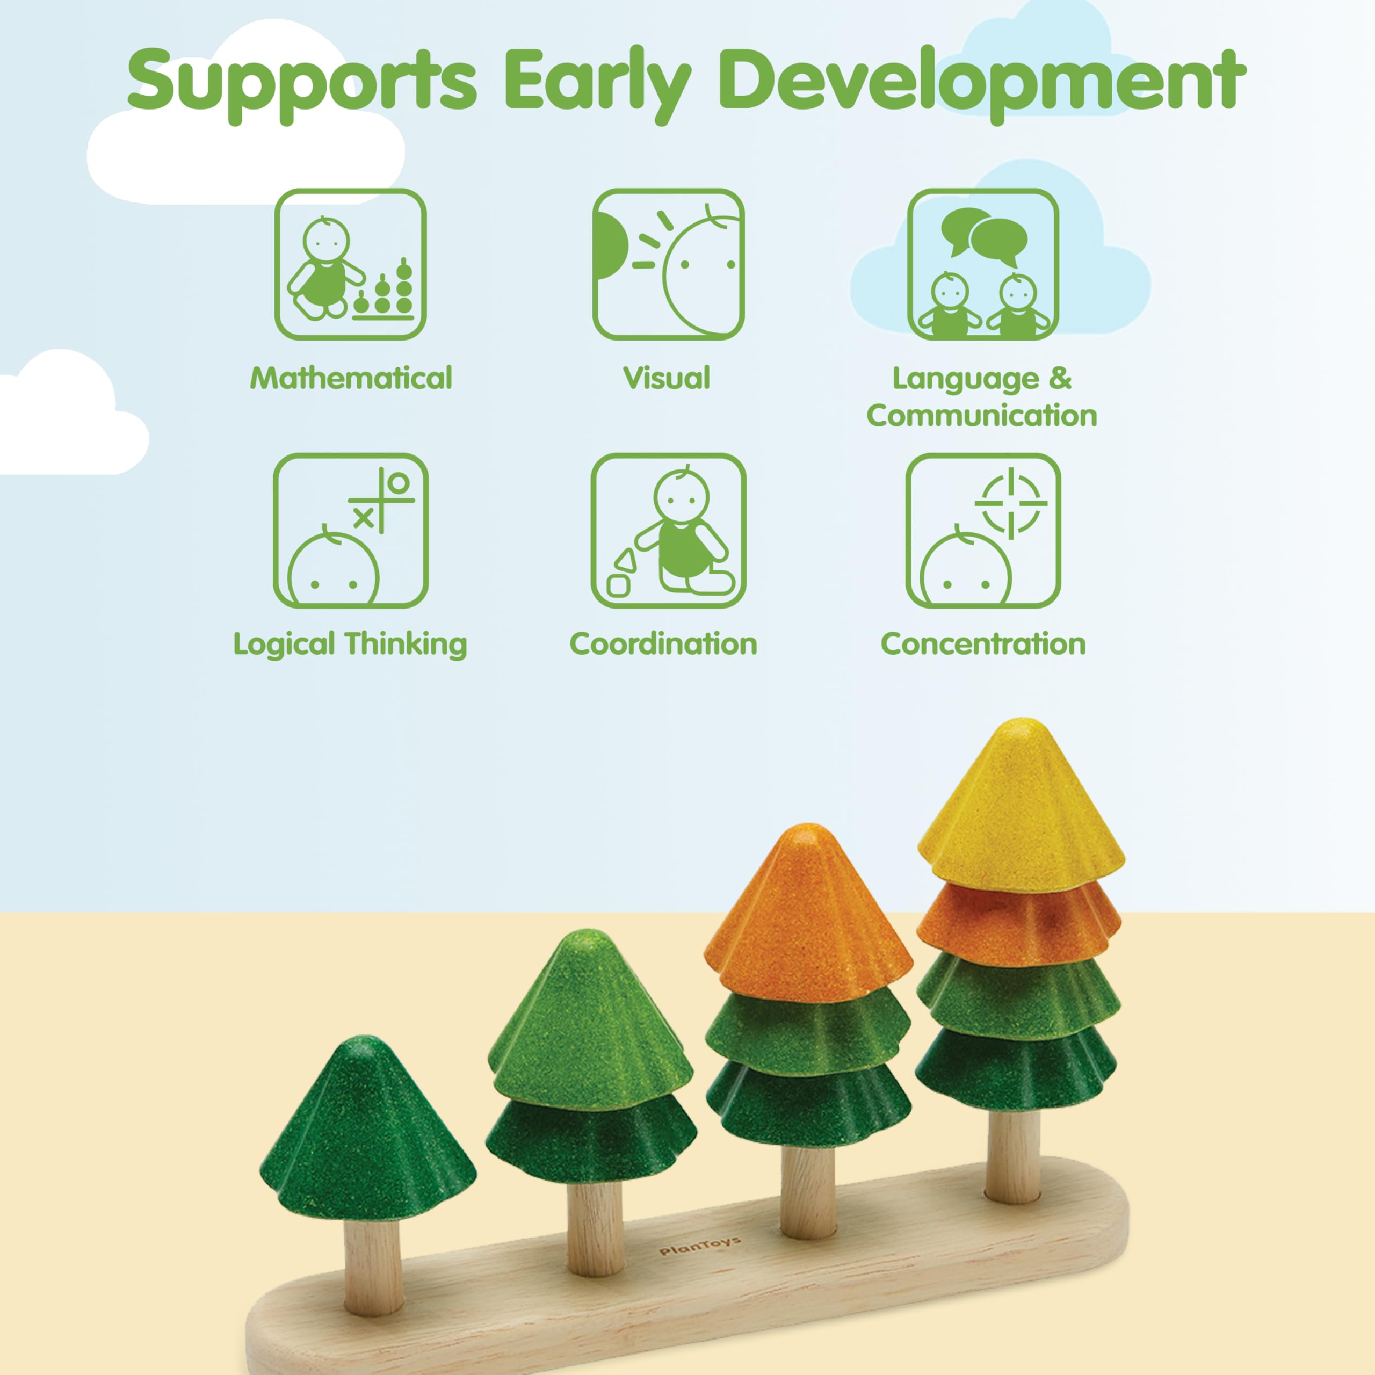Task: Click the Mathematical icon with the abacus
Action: click(351, 265)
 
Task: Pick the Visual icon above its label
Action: click(668, 265)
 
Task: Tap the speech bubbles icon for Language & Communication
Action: click(983, 265)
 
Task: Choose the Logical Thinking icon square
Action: click(351, 531)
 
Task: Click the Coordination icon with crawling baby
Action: click(668, 531)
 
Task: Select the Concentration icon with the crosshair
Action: click(983, 531)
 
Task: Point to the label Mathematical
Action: click(351, 378)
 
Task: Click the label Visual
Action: click(667, 378)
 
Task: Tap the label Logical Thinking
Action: click(350, 645)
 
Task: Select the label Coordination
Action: click(663, 644)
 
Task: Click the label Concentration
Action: click(983, 644)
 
